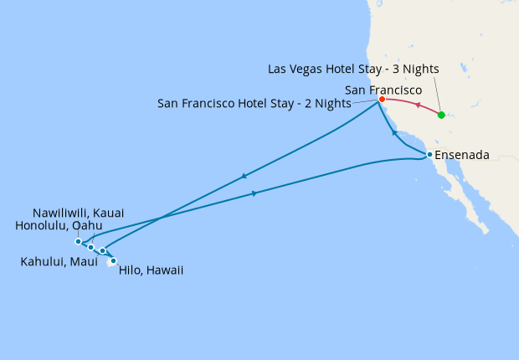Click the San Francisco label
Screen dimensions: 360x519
point(383,88)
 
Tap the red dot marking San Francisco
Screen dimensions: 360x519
point(382,99)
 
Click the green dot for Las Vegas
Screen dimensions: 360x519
point(441,115)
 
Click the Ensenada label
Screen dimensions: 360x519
point(462,155)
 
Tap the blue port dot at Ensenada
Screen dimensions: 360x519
point(429,155)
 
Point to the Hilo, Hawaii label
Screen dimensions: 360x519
point(152,270)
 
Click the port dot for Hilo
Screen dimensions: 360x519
point(113,261)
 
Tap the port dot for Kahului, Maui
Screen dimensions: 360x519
point(103,250)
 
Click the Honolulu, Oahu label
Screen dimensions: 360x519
point(59,225)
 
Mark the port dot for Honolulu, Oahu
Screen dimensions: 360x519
point(90,247)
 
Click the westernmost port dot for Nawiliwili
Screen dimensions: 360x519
point(78,242)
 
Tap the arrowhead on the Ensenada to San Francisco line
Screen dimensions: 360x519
point(393,132)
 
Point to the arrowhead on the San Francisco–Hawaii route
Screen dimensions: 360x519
point(243,176)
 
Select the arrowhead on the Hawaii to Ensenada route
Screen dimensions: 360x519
point(254,193)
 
